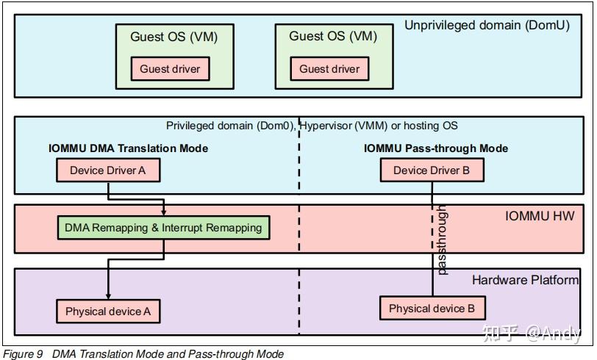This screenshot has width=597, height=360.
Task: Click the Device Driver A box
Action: [x=107, y=170]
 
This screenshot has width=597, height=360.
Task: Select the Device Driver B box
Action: [x=431, y=170]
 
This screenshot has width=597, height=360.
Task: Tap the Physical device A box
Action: [x=108, y=312]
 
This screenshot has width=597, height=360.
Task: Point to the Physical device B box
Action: [x=432, y=308]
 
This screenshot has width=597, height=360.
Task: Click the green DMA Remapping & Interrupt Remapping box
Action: [x=163, y=228]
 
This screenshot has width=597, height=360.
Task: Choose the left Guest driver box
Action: [x=170, y=69]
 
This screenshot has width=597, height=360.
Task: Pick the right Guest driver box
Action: [x=329, y=69]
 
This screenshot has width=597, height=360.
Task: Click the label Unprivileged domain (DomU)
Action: [x=487, y=26]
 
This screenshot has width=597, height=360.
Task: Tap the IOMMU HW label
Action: [x=540, y=216]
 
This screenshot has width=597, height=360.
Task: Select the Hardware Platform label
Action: [x=525, y=280]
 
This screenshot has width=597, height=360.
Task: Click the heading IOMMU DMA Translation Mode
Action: [x=128, y=148]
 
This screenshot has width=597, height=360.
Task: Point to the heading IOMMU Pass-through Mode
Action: [x=435, y=148]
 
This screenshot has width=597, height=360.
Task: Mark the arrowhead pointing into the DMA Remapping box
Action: [x=163, y=212]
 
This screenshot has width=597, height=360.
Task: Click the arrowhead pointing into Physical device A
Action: [x=109, y=295]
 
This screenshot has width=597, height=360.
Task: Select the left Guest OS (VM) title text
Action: [x=174, y=37]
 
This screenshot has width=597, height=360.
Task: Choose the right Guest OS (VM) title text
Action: [x=332, y=36]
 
